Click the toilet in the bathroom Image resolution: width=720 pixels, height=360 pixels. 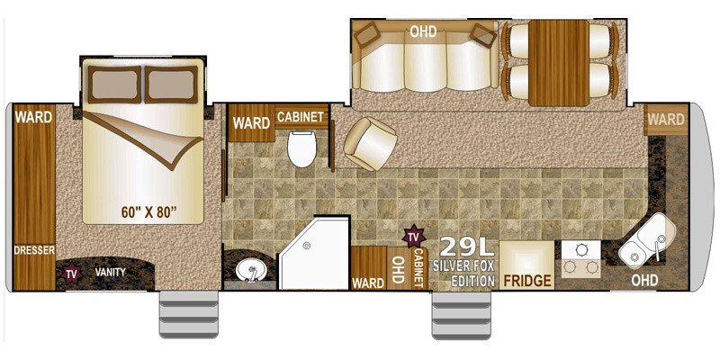[x=301, y=148]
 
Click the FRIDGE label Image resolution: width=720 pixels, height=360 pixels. [x=527, y=280]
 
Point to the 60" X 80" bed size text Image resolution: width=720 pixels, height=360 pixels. [x=149, y=212]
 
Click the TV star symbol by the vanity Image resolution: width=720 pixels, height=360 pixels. [x=72, y=274]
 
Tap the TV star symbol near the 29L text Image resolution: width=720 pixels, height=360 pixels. [x=413, y=237]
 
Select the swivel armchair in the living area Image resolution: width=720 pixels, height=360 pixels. [x=370, y=143]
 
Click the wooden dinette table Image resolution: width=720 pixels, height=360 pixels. [x=558, y=63]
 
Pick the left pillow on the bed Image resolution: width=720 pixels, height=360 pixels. [x=115, y=85]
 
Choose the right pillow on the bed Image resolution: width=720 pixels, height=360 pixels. [x=171, y=85]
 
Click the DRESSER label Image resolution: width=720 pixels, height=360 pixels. [x=34, y=250]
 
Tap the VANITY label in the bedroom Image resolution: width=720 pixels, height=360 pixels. [x=110, y=272]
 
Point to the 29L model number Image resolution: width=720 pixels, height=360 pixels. [x=467, y=247]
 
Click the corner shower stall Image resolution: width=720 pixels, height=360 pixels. [x=314, y=253]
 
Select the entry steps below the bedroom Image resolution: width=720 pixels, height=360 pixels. [x=189, y=313]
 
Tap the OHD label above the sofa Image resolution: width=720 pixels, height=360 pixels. [x=423, y=32]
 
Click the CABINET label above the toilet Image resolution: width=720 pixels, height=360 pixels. [x=301, y=117]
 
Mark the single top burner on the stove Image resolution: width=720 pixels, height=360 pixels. [x=581, y=250]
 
